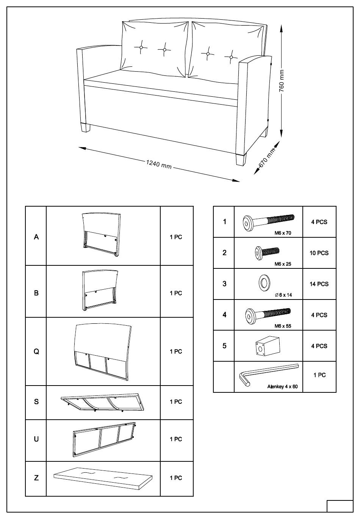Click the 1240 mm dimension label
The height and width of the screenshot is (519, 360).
point(159,164)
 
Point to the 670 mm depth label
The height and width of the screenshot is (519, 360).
point(266,158)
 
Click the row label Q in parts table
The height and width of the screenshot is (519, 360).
point(36,351)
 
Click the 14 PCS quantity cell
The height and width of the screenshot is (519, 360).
point(319,284)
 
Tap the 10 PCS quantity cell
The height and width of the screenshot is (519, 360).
point(319,253)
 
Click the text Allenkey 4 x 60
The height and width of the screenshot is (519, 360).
point(282,387)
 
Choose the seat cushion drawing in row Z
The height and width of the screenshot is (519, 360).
point(103,478)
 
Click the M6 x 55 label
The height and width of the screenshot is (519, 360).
point(283,326)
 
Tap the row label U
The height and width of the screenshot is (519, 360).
point(36,439)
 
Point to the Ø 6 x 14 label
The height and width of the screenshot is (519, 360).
point(283,295)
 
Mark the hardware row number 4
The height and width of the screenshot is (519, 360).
point(224,315)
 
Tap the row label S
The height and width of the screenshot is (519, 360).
point(36,401)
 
